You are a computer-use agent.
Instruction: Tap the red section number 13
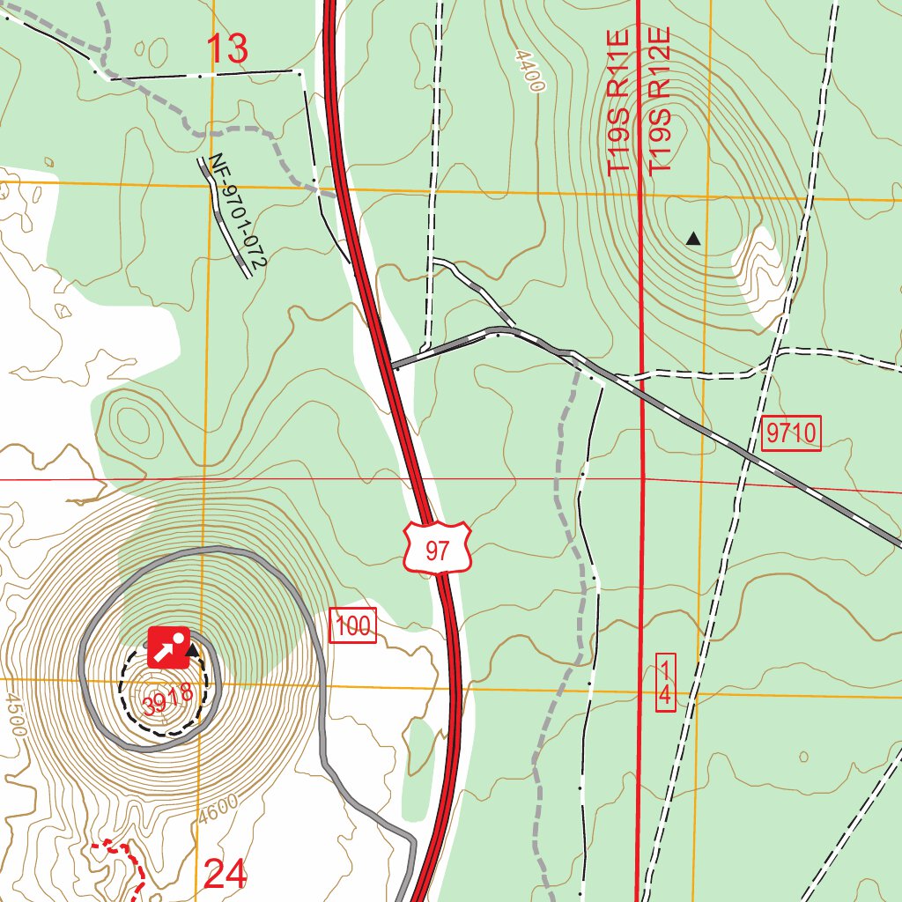tap(228, 49)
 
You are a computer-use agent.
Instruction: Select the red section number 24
tap(225, 875)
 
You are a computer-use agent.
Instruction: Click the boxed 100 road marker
tap(353, 626)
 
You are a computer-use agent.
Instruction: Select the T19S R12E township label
tap(660, 100)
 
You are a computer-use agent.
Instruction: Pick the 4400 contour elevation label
tap(531, 70)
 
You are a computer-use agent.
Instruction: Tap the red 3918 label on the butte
tap(167, 700)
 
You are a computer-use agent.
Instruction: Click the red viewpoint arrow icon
tap(167, 647)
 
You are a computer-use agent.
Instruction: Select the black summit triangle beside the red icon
tap(191, 651)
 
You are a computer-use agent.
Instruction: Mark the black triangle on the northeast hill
tap(694, 238)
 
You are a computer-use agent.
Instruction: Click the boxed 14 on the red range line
tap(666, 682)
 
